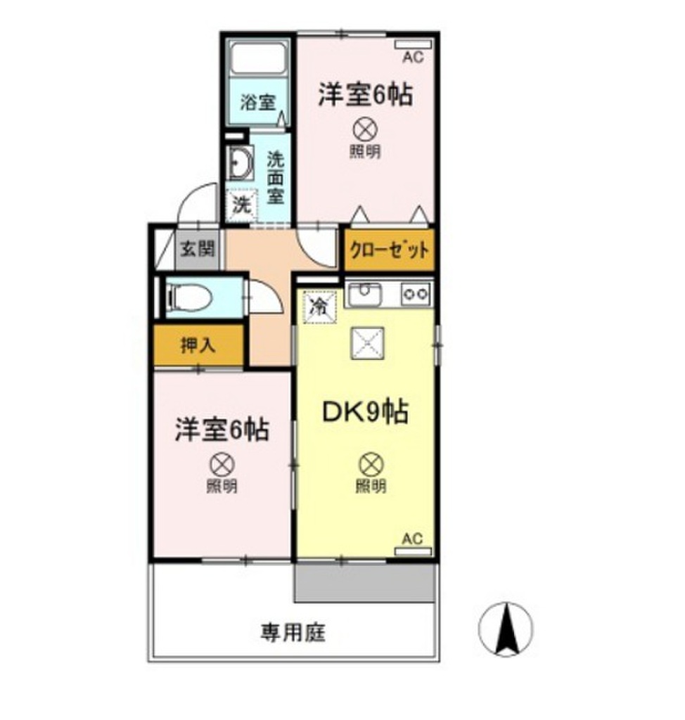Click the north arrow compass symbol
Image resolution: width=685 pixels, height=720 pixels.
(x=505, y=628)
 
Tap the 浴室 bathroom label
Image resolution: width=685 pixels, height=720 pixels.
(x=257, y=103)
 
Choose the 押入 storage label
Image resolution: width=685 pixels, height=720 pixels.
(x=197, y=345)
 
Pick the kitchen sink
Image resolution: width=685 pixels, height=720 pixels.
(x=365, y=293)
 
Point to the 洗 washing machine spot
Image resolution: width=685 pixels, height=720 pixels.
(x=241, y=205)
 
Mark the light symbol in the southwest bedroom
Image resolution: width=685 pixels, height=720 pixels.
(x=222, y=464)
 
